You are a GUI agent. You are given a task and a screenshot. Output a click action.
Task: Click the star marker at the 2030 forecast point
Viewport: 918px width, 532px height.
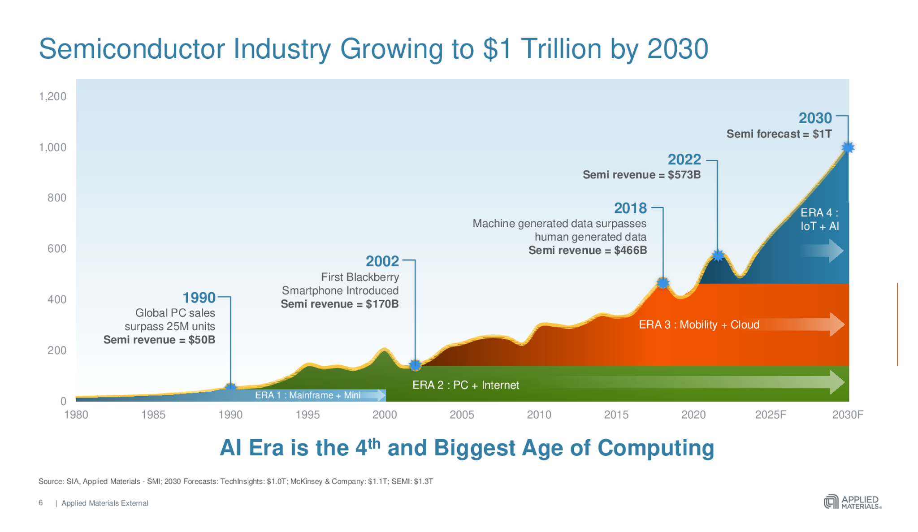[x=848, y=147]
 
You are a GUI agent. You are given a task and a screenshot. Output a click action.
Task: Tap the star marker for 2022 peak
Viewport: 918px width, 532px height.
[x=718, y=255]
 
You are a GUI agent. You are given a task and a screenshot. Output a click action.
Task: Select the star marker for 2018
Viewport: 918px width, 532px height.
[x=663, y=283]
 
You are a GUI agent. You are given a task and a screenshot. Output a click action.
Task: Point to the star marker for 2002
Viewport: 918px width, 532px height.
[x=415, y=365]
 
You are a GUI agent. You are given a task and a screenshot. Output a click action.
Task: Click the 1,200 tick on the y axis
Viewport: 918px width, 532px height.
[x=52, y=96]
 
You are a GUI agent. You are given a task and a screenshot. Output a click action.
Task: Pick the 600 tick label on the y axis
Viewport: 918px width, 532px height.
[x=57, y=249]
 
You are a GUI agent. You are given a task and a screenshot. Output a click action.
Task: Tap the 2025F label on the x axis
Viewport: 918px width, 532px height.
[x=771, y=415]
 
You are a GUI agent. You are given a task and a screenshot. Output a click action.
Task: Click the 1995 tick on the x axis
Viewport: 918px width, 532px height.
[x=307, y=415]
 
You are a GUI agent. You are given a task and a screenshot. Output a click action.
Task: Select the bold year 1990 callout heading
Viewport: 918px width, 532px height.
[x=199, y=298]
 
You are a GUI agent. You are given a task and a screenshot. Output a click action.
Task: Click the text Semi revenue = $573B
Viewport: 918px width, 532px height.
[x=641, y=175]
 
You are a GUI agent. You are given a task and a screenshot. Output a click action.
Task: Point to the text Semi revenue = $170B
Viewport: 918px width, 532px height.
[x=339, y=304]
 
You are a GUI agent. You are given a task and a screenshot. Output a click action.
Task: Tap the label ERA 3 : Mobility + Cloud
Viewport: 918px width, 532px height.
[x=699, y=324]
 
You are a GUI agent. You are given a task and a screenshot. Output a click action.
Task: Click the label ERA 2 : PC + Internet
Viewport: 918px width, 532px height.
[x=465, y=385]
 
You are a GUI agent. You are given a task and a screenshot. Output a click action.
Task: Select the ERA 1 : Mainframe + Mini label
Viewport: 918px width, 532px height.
[x=307, y=395]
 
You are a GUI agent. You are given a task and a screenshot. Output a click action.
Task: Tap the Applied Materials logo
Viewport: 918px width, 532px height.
[x=852, y=502]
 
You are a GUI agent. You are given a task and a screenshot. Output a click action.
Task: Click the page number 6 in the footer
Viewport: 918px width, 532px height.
[x=41, y=503]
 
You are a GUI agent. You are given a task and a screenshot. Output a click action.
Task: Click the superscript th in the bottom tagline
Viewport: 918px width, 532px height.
[x=374, y=443]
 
